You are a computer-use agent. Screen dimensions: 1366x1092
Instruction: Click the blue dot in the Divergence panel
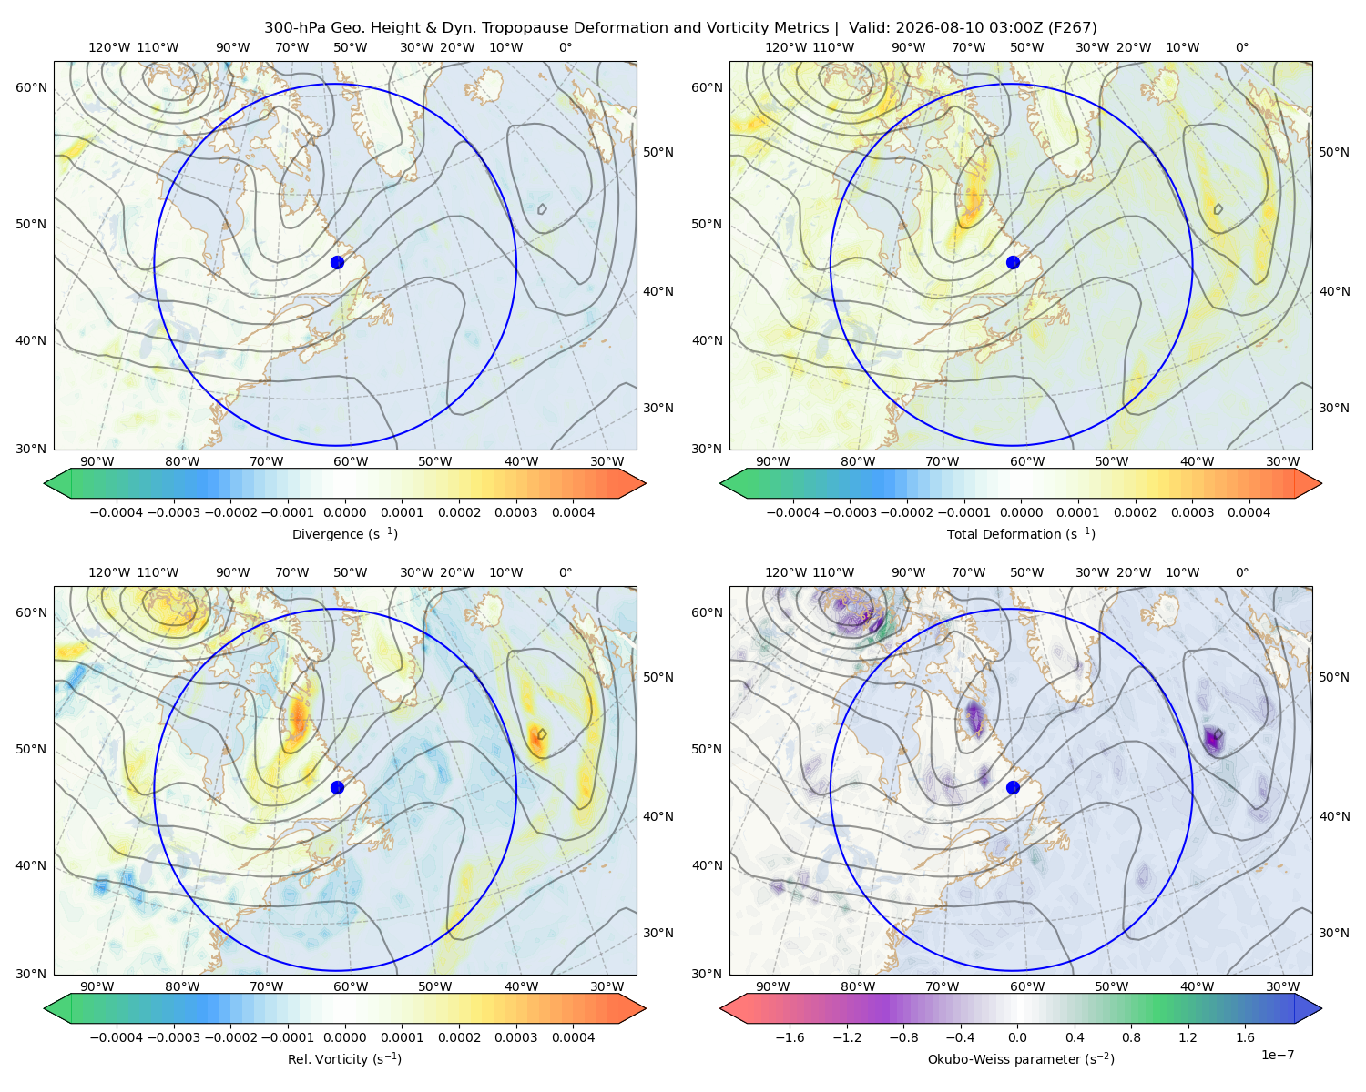coord(337,262)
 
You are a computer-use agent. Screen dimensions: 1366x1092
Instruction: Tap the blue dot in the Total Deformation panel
coord(1013,262)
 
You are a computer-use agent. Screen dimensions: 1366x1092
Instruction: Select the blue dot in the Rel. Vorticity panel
coord(337,787)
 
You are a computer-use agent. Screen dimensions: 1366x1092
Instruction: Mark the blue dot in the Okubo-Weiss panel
coord(1013,787)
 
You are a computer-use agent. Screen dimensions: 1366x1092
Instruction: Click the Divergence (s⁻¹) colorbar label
coord(344,533)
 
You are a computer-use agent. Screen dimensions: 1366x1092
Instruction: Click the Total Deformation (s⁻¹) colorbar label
coord(1021,533)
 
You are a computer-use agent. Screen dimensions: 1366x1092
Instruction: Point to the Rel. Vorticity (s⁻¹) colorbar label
coord(344,1058)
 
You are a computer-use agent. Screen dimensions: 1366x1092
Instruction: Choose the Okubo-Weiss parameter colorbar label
coord(1021,1058)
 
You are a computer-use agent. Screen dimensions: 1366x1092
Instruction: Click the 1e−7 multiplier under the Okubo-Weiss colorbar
coord(1277,1055)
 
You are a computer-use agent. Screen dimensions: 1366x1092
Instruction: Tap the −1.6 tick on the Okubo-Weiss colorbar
coord(790,1036)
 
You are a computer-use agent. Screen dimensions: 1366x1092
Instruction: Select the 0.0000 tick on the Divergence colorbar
coord(344,512)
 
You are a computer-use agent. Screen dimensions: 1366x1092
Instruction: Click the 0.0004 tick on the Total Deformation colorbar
coord(1249,512)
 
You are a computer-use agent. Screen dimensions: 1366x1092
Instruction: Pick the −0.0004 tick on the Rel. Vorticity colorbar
coord(117,1036)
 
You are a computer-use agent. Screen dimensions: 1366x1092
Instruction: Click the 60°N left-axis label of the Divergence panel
coord(31,87)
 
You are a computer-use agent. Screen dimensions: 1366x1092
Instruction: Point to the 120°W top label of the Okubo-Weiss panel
coord(785,571)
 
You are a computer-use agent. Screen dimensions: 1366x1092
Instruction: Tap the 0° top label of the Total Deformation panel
coord(1241,47)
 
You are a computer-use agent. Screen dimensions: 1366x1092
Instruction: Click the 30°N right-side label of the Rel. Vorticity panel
coord(658,932)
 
